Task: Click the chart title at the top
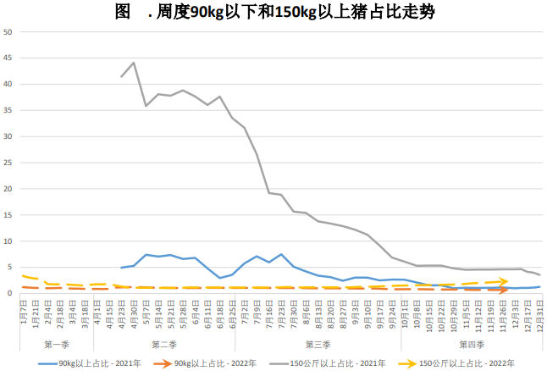tap(274, 12)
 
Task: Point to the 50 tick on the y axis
tap(8, 32)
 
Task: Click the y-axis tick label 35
tap(8, 111)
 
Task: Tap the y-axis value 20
tap(8, 189)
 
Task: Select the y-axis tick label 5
tap(8, 268)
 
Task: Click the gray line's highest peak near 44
tap(134, 63)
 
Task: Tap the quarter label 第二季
tap(164, 344)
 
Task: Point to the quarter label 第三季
tap(318, 344)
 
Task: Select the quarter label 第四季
tap(472, 344)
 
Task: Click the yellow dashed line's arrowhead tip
tap(507, 281)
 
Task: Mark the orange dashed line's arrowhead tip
tap(507, 290)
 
